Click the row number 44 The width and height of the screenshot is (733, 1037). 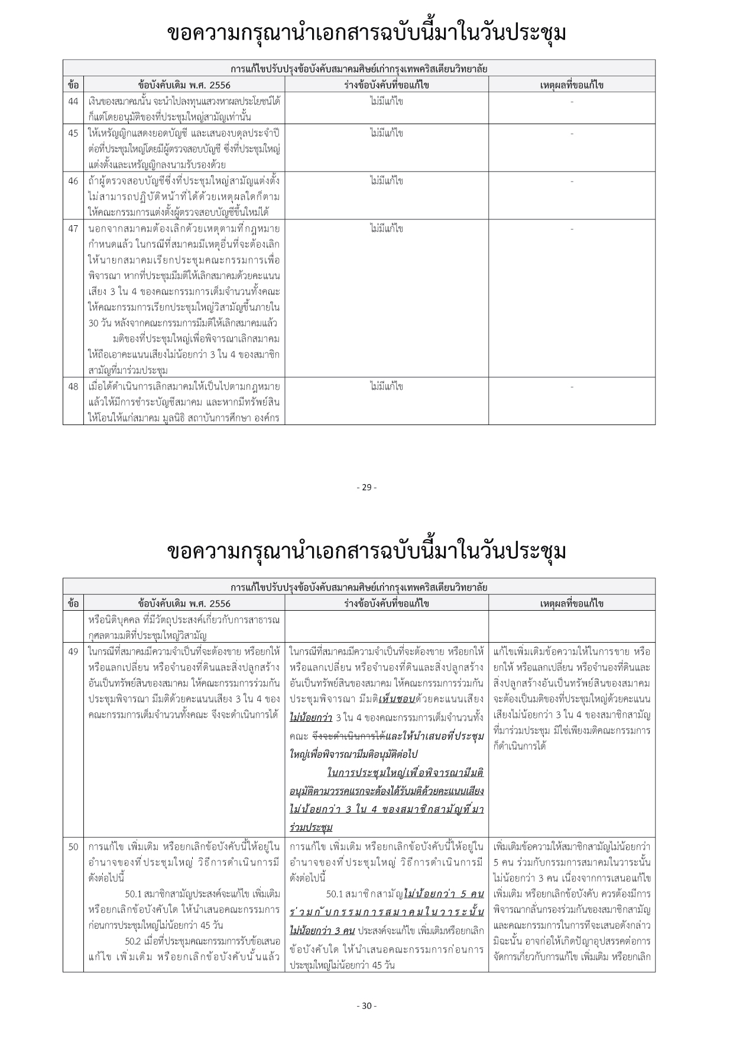click(x=73, y=101)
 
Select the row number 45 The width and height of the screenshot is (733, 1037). click(x=73, y=133)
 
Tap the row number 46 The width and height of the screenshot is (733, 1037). click(x=73, y=181)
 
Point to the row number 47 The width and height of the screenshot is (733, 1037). click(x=73, y=229)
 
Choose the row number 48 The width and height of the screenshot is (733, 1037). click(x=73, y=387)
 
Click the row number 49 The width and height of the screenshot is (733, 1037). click(x=73, y=652)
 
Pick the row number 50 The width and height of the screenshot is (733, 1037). click(x=73, y=847)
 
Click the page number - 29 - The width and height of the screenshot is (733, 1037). click(x=367, y=487)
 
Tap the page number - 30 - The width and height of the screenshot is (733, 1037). click(x=367, y=1006)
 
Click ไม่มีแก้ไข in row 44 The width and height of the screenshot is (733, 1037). click(x=386, y=101)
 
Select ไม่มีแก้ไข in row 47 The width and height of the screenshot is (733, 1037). click(x=386, y=228)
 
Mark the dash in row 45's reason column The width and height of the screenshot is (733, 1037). click(x=572, y=134)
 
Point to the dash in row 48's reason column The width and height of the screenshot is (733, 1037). click(x=572, y=387)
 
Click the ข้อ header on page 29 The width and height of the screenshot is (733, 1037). click(x=73, y=85)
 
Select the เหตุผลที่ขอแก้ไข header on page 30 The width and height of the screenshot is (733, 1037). click(x=572, y=604)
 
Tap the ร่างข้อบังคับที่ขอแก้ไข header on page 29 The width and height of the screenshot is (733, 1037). click(x=386, y=85)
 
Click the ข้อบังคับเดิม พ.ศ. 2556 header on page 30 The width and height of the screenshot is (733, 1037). click(x=184, y=604)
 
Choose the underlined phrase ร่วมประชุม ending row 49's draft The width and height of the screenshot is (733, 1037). click(x=311, y=827)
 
